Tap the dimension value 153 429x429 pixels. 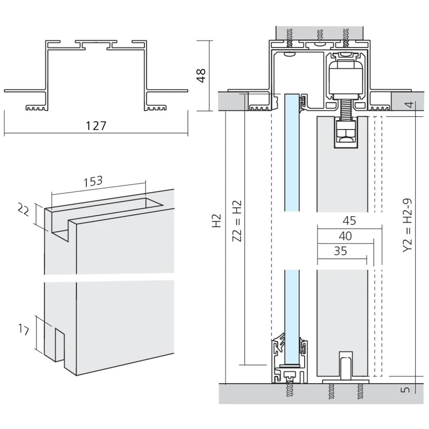94,181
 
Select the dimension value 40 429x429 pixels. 345,236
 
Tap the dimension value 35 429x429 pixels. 340,251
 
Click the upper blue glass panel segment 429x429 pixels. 292,152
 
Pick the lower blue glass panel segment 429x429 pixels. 292,315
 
